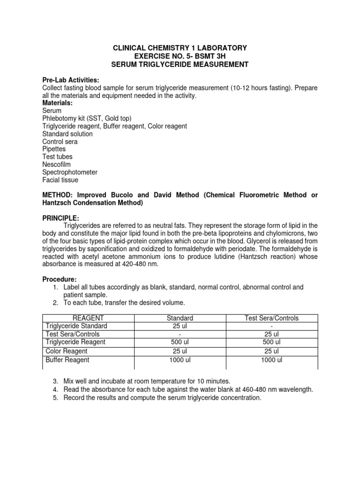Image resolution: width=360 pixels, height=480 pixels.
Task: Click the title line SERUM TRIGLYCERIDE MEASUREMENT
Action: pos(180,64)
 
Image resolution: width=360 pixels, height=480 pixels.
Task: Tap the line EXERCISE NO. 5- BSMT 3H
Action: pos(180,56)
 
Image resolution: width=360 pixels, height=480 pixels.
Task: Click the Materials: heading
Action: pos(58,103)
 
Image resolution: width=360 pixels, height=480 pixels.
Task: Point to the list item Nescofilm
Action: pos(57,165)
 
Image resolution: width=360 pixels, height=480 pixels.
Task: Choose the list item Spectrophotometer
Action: pos(70,172)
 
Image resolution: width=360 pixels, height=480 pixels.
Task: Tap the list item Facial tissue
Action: pos(60,180)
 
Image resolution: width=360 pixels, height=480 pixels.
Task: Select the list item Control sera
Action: pos(60,142)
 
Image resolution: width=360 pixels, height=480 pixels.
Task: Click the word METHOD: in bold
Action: pos(58,195)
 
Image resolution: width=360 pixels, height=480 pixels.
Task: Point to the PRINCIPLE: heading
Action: pos(60,218)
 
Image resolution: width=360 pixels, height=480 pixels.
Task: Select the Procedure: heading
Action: pos(60,279)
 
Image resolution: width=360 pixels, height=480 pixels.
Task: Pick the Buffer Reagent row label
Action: pos(67,360)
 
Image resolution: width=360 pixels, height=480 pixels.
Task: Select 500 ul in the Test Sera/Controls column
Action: pos(271,342)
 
